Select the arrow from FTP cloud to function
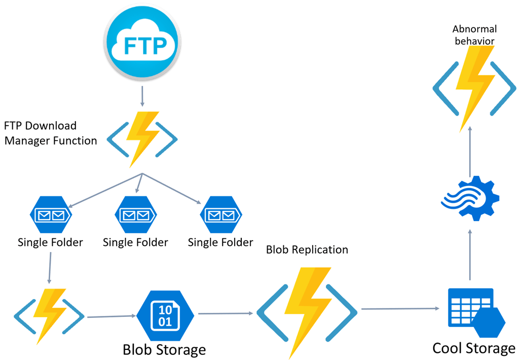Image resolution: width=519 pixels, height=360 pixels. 142,96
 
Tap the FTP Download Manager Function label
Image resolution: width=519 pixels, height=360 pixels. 50,133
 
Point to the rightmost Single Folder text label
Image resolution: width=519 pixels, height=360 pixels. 220,242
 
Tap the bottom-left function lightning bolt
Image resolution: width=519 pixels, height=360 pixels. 50,315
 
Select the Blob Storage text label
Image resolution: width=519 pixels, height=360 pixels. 164,349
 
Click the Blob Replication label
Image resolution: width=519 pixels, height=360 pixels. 307,249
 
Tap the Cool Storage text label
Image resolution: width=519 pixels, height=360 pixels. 473,348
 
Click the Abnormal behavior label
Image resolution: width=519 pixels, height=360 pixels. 475,34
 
